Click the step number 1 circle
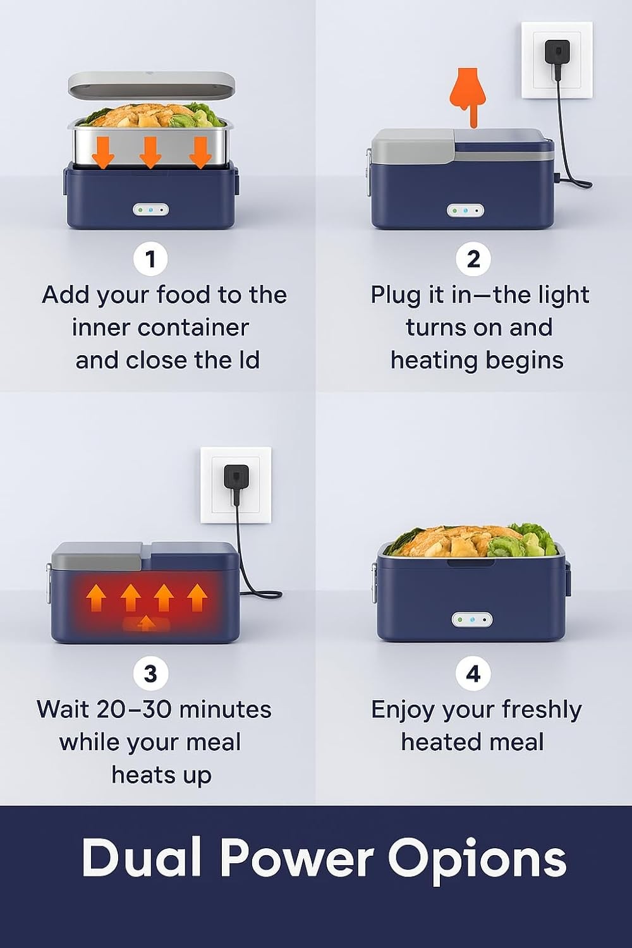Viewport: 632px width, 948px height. click(x=150, y=259)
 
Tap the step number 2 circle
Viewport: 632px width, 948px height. click(x=473, y=259)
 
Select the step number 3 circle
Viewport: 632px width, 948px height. click(x=150, y=673)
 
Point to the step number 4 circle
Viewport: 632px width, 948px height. click(x=473, y=673)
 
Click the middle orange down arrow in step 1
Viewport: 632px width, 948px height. click(x=150, y=152)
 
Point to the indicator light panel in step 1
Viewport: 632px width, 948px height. click(x=150, y=210)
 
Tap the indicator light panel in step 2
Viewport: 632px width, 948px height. click(x=465, y=210)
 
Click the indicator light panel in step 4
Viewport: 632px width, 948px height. click(x=472, y=621)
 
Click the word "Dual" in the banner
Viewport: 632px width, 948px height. click(x=141, y=856)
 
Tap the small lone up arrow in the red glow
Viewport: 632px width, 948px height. click(x=145, y=623)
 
